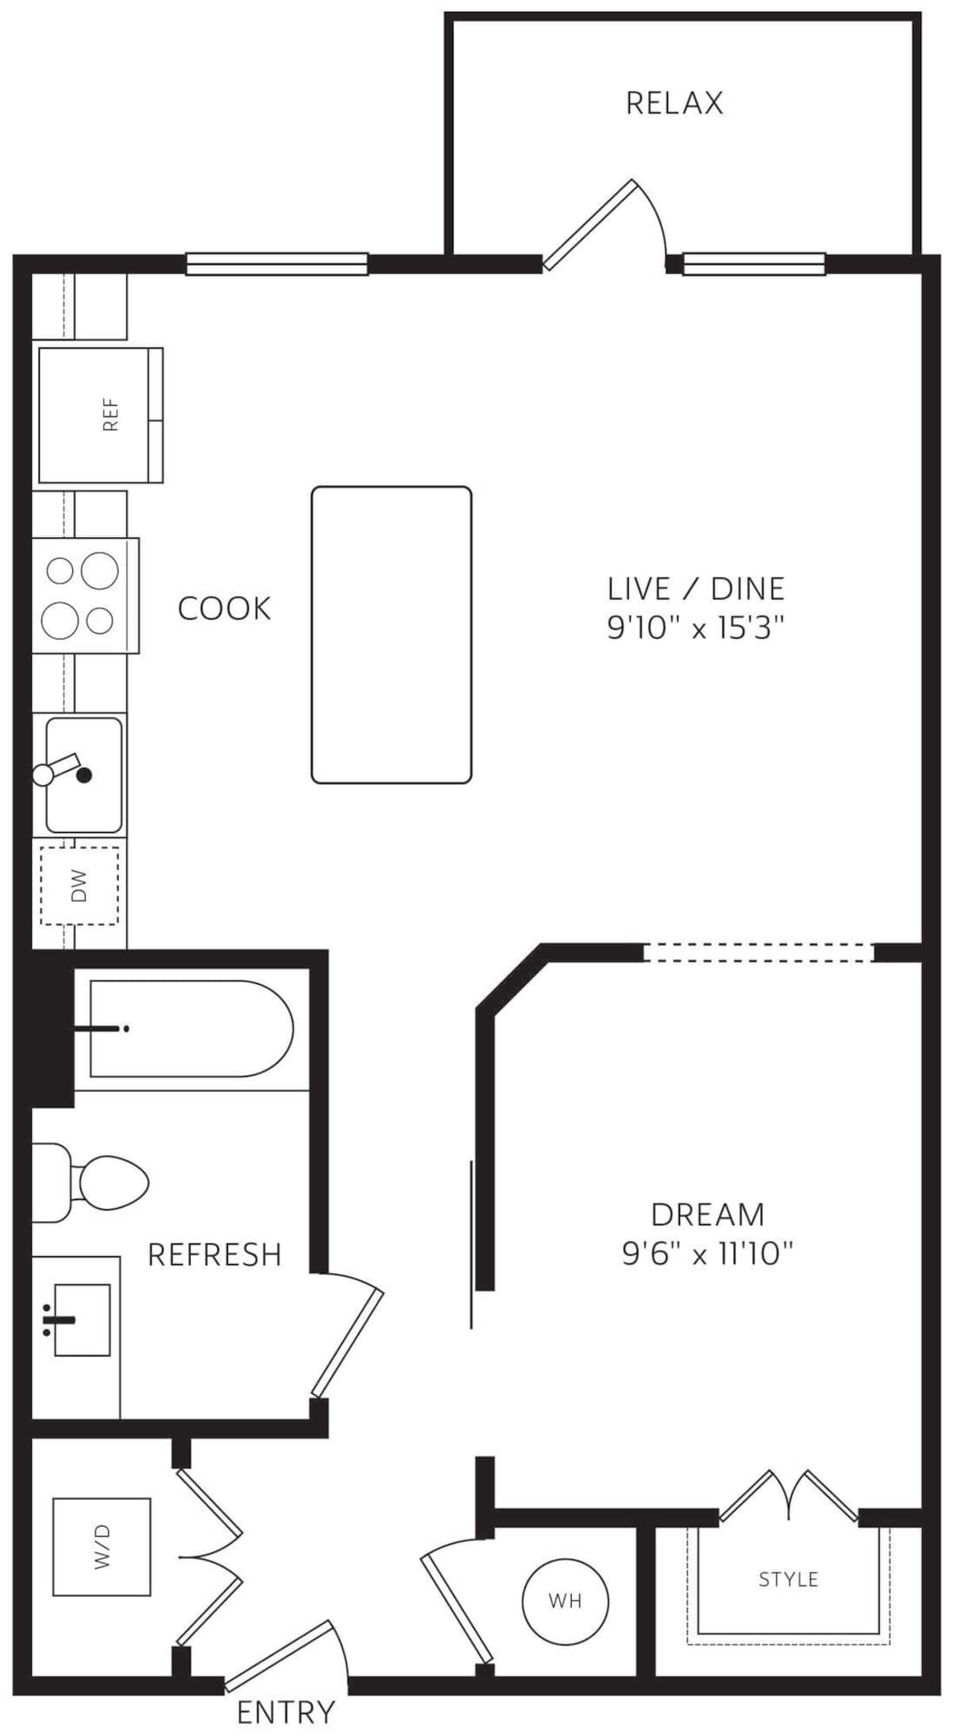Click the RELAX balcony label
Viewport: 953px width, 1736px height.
coord(674,103)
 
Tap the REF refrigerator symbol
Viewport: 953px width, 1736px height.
coord(100,415)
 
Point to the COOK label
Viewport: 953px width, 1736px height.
coord(224,608)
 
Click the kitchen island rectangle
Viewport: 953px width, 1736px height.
coord(392,635)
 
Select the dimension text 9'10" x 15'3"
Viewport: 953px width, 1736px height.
coord(696,630)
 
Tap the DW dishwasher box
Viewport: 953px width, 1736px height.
coord(79,885)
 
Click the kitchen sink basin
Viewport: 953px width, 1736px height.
coord(84,775)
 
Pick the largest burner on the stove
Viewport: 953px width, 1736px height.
coord(99,570)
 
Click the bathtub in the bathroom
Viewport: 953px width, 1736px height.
coord(191,1029)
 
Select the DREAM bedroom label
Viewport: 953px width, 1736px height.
coord(708,1215)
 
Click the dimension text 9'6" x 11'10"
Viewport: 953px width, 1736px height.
coord(708,1255)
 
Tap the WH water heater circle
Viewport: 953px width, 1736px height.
coord(565,1599)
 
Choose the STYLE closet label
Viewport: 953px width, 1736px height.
coord(789,1579)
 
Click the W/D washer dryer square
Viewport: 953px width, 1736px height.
coord(102,1547)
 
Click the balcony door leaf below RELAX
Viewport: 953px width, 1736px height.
coord(590,226)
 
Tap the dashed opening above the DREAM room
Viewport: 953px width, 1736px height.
coord(758,953)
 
